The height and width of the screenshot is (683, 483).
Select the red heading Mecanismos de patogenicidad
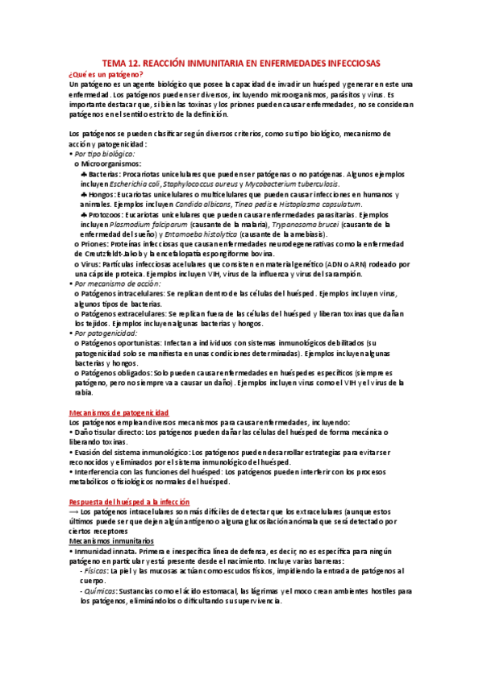118,412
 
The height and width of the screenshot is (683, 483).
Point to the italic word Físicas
108,570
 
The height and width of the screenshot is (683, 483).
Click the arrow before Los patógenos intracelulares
75,511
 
